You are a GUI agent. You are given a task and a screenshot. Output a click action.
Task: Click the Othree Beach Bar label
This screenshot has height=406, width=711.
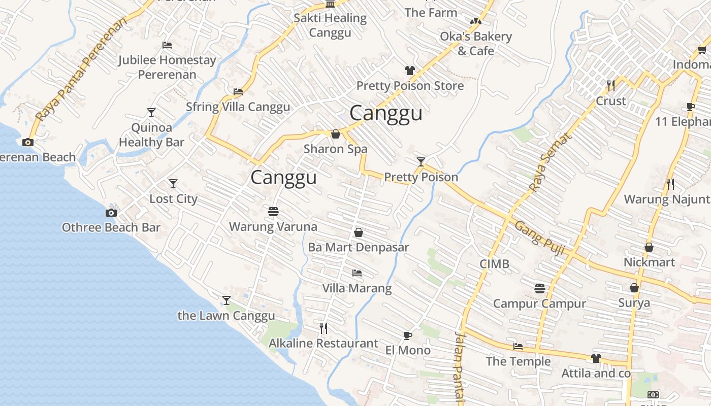(x=111, y=227)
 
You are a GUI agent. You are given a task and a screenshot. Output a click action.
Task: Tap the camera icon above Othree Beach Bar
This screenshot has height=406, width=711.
(x=111, y=213)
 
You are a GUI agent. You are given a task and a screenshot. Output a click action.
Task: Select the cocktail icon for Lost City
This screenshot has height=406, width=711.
(x=173, y=183)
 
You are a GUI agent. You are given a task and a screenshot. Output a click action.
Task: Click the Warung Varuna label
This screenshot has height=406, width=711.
(x=273, y=226)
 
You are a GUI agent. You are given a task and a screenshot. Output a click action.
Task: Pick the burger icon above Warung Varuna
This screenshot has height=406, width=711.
(x=273, y=211)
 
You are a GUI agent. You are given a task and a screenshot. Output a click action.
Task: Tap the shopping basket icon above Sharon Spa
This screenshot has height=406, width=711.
(x=335, y=134)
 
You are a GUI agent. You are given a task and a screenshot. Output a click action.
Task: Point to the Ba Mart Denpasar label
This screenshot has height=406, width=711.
(x=359, y=248)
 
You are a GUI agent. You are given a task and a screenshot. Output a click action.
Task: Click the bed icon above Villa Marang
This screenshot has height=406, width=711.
(x=357, y=273)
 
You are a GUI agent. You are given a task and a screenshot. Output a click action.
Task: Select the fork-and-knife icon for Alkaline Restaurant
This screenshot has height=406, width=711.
(x=324, y=328)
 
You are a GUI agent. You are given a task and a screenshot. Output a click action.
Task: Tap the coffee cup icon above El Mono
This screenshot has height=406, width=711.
(x=407, y=335)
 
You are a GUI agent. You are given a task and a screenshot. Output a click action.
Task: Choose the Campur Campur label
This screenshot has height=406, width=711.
(x=539, y=303)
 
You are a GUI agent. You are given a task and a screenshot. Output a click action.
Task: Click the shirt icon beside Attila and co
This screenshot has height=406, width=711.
(x=596, y=358)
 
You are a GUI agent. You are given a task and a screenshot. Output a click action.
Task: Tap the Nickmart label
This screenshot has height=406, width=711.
(x=649, y=262)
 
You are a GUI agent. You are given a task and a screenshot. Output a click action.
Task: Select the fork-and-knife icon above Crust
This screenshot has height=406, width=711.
(x=611, y=85)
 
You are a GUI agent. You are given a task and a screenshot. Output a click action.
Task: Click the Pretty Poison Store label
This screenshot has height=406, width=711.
(x=410, y=86)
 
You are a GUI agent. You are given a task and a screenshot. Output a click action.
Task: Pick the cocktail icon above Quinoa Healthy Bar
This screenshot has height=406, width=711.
(x=151, y=112)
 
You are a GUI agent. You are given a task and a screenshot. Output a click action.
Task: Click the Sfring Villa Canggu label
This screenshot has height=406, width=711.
(x=238, y=107)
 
